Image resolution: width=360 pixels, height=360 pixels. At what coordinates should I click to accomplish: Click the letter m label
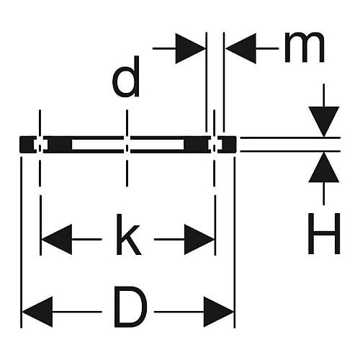tap(305, 48)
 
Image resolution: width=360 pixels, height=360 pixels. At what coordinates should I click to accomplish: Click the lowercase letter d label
tap(126, 76)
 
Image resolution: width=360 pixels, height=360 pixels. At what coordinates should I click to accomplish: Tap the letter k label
tap(128, 235)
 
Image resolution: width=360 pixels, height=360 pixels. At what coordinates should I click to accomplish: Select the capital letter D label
tap(131, 307)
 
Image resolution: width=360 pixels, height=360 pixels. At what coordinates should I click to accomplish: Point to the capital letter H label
tap(324, 233)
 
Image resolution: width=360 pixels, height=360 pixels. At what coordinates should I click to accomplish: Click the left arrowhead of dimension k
tap(57, 239)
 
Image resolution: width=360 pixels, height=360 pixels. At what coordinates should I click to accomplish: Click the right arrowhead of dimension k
tap(199, 239)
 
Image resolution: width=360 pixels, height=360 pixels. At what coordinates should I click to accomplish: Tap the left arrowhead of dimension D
tap(37, 312)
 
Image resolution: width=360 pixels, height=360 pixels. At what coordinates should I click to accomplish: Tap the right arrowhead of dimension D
tap(218, 312)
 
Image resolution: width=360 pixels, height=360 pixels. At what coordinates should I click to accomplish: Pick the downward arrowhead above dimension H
tap(324, 122)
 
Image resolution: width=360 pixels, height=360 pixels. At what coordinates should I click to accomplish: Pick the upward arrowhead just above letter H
tap(324, 167)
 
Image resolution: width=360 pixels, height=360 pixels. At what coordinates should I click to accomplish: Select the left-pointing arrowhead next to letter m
tap(240, 48)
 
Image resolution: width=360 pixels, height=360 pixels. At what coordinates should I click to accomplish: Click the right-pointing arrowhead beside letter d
tap(191, 48)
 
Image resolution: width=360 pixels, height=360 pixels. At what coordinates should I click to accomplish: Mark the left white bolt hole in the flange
tap(40, 145)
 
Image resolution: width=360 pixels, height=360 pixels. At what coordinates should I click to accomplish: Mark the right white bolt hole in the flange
tap(215, 145)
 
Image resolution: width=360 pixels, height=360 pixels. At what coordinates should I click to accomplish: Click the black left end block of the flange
tap(27, 145)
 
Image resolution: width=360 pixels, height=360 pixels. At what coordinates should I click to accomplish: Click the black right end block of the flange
tap(228, 145)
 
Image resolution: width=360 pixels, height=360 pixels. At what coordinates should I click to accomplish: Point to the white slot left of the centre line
tap(98, 145)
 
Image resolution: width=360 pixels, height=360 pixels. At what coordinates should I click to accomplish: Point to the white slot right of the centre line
tap(157, 145)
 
